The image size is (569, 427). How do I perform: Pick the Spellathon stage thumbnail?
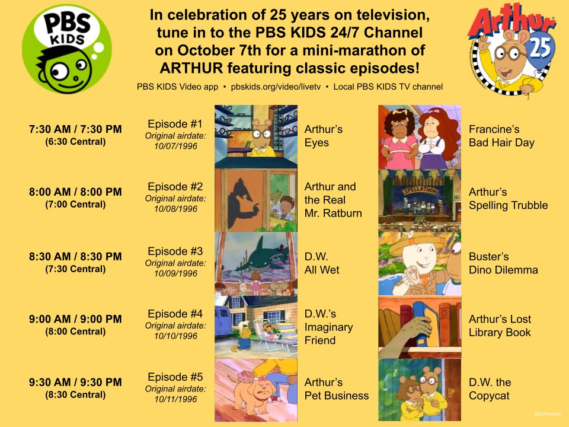pyautogui.click(x=419, y=199)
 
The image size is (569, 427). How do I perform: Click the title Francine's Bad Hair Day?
pyautogui.click(x=501, y=136)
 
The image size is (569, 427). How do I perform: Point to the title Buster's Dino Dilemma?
pyautogui.click(x=503, y=263)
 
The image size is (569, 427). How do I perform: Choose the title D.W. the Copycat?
pyautogui.click(x=490, y=389)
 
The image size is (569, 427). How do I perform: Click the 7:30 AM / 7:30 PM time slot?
pyautogui.click(x=75, y=130)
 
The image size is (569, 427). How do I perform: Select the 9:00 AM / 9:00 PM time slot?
pyautogui.click(x=75, y=320)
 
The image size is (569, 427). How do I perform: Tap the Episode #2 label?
pyautogui.click(x=175, y=187)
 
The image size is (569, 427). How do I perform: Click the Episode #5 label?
pyautogui.click(x=175, y=377)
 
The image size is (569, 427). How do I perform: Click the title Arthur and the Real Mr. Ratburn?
pyautogui.click(x=333, y=200)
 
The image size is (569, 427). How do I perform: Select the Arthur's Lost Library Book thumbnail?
pyautogui.click(x=419, y=327)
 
